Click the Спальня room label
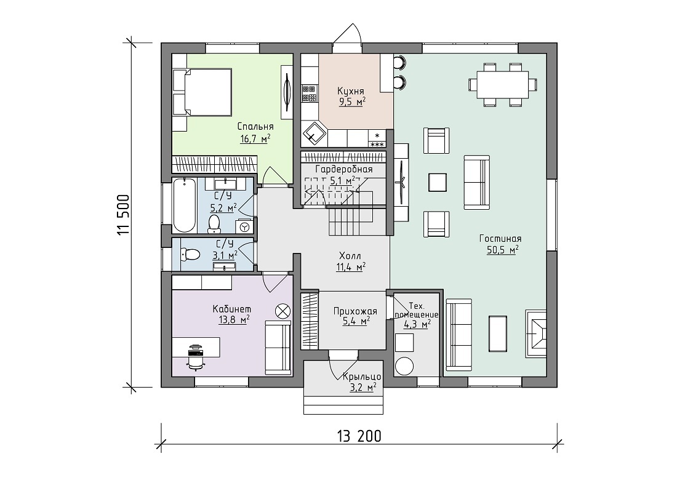(x=255, y=126)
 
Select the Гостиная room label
(x=500, y=239)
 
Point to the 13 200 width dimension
(x=359, y=436)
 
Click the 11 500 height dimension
(x=122, y=215)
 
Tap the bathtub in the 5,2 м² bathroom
(x=184, y=205)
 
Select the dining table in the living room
(x=503, y=84)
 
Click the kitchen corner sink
(x=314, y=133)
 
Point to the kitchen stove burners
(x=309, y=93)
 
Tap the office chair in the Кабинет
(x=196, y=356)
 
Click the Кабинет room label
(x=232, y=309)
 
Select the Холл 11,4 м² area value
(x=351, y=268)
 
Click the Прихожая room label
(x=355, y=311)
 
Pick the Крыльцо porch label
(x=362, y=376)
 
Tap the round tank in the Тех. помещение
(x=405, y=367)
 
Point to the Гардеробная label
(x=343, y=169)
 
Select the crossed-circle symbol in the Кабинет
(x=283, y=311)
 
